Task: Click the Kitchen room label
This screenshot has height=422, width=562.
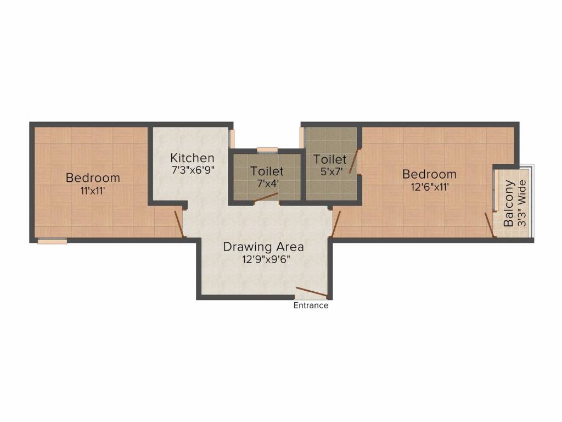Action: click(x=192, y=158)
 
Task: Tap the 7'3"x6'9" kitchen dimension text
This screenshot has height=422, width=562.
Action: click(x=192, y=170)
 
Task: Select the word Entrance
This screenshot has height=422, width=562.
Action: click(x=311, y=306)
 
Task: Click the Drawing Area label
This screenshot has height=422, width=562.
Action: click(x=263, y=247)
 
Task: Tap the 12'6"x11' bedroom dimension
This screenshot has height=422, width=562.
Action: click(x=429, y=187)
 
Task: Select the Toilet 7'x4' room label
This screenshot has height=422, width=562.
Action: click(x=267, y=171)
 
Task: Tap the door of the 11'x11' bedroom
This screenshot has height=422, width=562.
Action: click(x=178, y=224)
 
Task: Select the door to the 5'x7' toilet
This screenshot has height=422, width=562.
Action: click(x=355, y=162)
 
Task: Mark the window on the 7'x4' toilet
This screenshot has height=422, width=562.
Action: click(x=267, y=148)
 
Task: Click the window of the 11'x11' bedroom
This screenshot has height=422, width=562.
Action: click(x=52, y=241)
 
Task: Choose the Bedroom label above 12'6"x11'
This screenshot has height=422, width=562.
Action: click(x=429, y=174)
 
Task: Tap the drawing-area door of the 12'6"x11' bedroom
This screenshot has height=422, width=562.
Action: click(x=336, y=224)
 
